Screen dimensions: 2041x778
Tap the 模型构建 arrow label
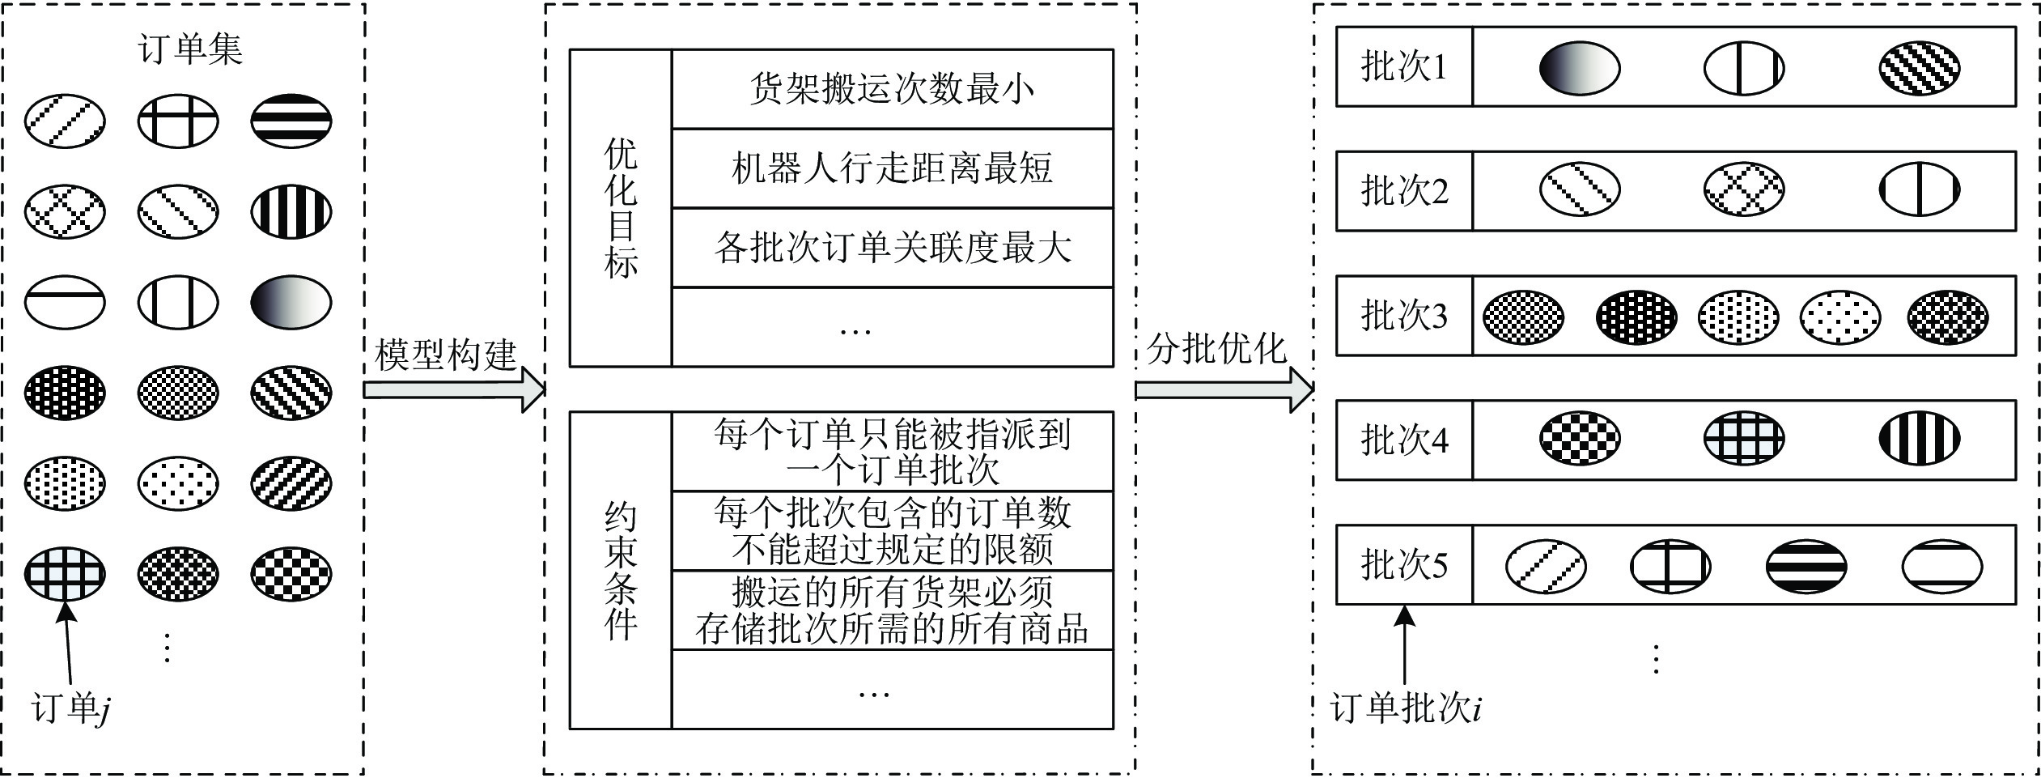coord(446,355)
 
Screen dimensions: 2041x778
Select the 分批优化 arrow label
coord(1216,349)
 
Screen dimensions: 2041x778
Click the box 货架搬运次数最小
coord(892,89)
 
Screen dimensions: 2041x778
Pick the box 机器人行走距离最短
coord(892,168)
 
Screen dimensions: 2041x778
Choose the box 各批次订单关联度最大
coord(892,248)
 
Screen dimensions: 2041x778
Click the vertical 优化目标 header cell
coord(621,208)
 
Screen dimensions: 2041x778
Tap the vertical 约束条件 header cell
coord(621,571)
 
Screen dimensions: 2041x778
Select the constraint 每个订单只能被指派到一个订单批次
coord(892,452)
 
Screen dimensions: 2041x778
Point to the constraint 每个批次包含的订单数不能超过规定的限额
coord(892,530)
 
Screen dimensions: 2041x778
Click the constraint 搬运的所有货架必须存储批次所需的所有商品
coord(892,610)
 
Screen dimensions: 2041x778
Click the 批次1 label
coord(1403,67)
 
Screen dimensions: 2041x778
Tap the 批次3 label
coord(1403,316)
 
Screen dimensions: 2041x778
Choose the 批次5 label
coord(1403,564)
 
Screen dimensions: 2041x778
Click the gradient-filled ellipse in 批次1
coord(1579,68)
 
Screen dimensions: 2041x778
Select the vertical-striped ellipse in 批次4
coord(1919,439)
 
